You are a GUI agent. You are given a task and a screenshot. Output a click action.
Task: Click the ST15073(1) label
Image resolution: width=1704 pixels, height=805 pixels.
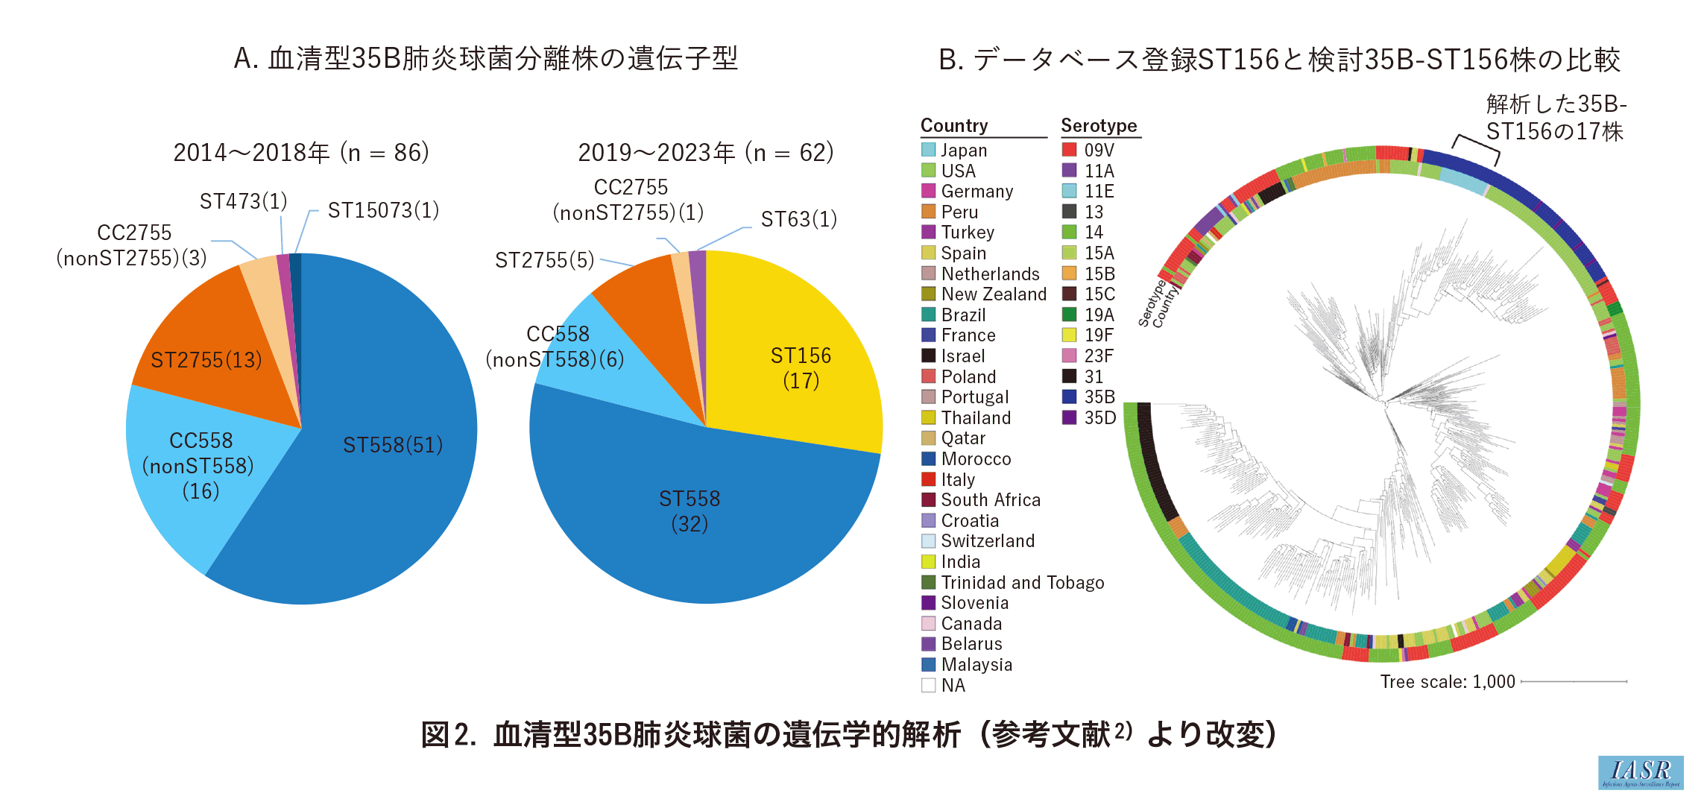383,211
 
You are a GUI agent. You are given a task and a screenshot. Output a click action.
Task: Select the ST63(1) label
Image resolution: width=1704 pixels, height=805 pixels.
798,219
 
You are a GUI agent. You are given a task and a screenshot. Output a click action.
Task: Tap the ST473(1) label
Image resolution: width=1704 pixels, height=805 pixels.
243,201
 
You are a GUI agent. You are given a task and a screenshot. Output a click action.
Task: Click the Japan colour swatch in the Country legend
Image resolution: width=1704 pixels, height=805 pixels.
929,150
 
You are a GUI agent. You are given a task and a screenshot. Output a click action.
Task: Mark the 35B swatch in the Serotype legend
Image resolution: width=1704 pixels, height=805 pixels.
1070,397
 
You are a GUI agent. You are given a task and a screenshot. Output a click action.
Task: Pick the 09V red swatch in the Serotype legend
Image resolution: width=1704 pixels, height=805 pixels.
1070,150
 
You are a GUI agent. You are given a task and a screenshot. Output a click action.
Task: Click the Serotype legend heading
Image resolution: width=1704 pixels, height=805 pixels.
1099,125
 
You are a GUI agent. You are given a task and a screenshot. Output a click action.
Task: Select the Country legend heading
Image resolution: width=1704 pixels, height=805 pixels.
954,125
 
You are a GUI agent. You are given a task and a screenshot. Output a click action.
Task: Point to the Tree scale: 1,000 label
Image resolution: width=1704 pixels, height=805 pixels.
1447,682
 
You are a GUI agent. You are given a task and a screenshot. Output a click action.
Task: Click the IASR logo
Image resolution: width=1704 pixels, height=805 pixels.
1641,772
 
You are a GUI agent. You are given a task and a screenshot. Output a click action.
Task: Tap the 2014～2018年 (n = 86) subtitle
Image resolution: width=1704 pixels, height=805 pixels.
301,153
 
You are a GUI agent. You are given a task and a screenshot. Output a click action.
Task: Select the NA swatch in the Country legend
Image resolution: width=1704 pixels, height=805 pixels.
929,685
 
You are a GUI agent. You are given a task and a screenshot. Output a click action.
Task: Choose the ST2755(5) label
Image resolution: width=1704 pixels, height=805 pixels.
544,260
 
